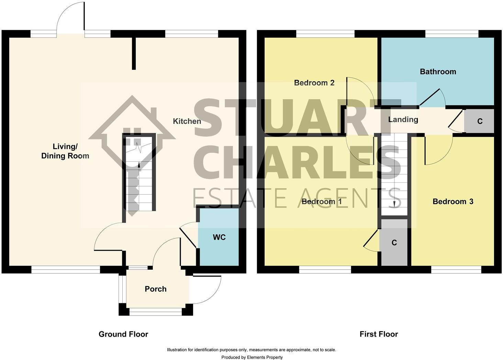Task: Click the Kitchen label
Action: [187, 121]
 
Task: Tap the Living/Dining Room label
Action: [65, 151]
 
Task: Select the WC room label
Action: [219, 237]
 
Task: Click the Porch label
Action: [156, 289]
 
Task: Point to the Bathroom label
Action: [438, 72]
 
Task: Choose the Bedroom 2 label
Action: [314, 83]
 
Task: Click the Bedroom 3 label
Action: [453, 202]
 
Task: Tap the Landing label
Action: [403, 120]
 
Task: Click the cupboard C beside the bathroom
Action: [480, 121]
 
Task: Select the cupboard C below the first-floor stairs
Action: [394, 243]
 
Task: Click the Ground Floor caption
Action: [123, 334]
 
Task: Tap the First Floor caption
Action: [379, 334]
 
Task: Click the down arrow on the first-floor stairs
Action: [394, 204]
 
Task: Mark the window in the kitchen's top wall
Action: [192, 34]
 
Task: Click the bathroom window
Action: [451, 34]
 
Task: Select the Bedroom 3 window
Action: [456, 270]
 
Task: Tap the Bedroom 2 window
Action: [325, 34]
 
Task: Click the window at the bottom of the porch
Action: [156, 312]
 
